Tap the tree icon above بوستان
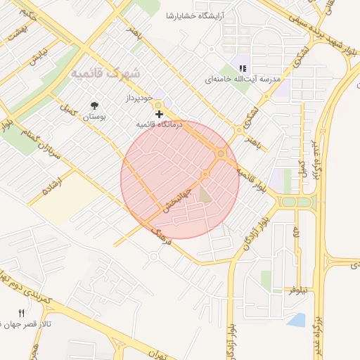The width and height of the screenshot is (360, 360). click(94, 107)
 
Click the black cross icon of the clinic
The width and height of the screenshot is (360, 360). click(160, 113)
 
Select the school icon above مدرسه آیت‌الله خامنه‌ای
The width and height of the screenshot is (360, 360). click(243, 68)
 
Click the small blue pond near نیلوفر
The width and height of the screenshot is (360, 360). click(297, 320)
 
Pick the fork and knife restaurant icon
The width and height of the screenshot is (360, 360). click(21, 312)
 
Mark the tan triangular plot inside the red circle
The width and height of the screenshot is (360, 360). click(205, 193)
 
